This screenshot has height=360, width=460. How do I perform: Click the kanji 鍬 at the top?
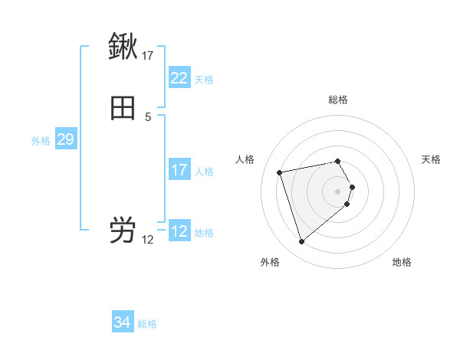coord(123,47)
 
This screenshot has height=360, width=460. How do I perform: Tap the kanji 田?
coord(123,109)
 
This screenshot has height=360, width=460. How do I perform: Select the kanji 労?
coord(123,231)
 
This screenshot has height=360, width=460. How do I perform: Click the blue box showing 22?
coord(179,78)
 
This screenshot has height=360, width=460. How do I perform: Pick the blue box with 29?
coord(65,139)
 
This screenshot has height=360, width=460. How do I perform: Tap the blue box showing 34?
coord(122,322)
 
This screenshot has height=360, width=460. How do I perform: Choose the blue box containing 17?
coord(179,170)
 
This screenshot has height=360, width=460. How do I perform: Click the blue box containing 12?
coord(179,231)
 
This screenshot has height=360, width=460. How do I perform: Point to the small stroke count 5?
coord(148,116)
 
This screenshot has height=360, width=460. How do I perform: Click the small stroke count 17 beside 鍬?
coord(148,55)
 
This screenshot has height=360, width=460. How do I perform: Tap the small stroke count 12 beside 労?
coord(148,239)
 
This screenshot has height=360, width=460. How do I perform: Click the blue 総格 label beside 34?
coord(147,324)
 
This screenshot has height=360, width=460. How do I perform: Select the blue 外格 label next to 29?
coord(41,141)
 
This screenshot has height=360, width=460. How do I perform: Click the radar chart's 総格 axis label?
coord(338,100)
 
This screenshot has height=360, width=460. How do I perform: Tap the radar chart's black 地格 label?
coord(402,262)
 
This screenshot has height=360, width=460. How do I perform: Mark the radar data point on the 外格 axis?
coord(302,242)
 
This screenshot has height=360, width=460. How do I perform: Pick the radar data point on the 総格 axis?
coord(338,161)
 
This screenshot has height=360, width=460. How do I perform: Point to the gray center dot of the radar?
coord(338,191)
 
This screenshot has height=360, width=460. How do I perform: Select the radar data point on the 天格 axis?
coord(352,187)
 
